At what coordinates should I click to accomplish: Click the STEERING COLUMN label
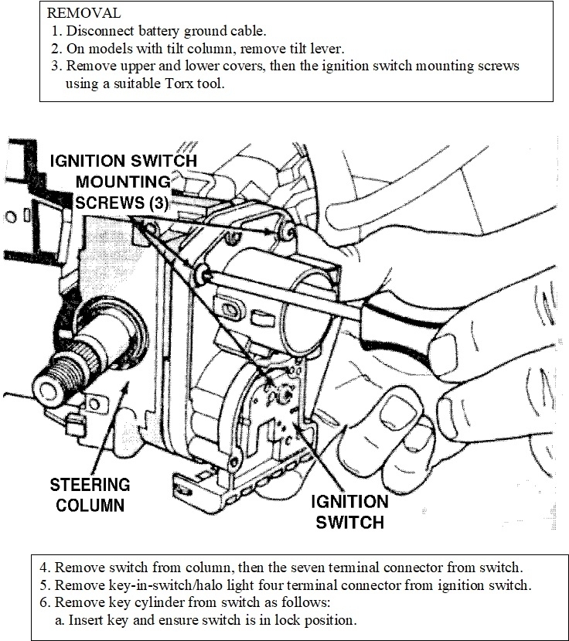(90, 495)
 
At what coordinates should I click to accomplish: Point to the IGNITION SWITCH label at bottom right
(349, 511)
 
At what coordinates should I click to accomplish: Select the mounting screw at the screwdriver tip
(203, 270)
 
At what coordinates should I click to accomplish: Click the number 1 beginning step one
(56, 32)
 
